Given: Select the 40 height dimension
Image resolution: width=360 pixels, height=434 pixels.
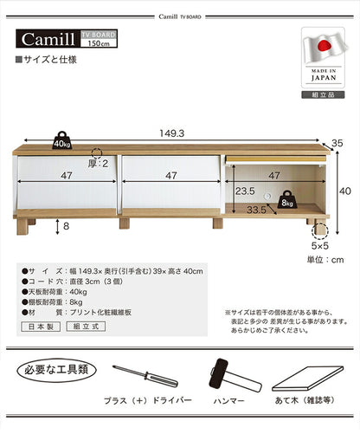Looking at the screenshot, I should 344,191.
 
